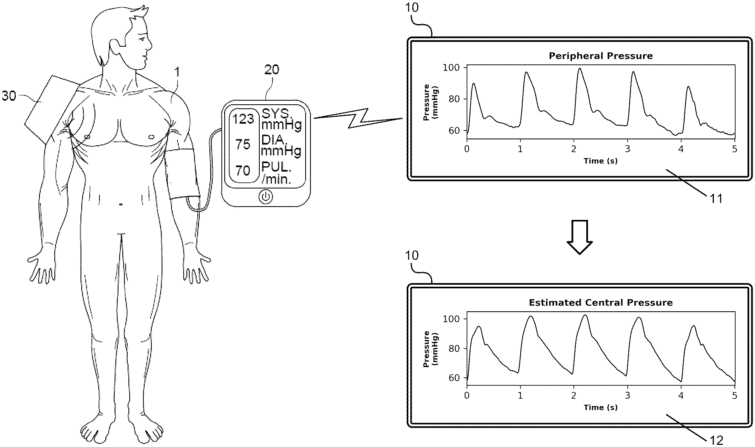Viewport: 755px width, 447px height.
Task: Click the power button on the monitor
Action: [x=265, y=197]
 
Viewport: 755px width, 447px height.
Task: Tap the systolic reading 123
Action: [x=243, y=119]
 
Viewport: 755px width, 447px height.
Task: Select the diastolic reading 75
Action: [x=243, y=144]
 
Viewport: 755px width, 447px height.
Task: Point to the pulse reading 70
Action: [x=243, y=170]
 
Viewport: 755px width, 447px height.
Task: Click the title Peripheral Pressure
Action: [x=600, y=56]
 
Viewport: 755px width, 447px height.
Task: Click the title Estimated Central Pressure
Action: [x=600, y=302]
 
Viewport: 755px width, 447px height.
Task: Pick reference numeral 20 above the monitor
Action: [x=271, y=70]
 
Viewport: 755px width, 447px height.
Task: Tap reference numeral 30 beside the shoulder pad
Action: [x=9, y=96]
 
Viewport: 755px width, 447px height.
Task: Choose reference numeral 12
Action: [x=716, y=440]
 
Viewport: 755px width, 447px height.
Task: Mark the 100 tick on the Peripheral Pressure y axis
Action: [x=451, y=67]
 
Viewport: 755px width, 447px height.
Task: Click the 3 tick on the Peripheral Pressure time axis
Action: [x=627, y=149]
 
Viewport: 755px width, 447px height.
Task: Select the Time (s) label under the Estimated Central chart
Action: [x=600, y=407]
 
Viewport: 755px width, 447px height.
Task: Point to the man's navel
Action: [x=121, y=205]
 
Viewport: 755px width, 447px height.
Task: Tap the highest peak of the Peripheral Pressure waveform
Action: [x=579, y=68]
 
